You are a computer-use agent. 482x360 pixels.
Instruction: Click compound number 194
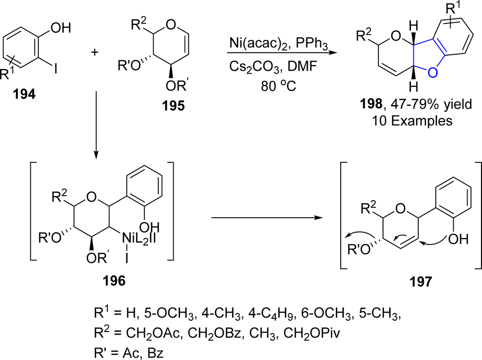coord(24,94)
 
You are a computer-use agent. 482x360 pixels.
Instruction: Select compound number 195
coord(174,106)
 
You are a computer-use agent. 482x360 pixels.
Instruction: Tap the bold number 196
coord(114,281)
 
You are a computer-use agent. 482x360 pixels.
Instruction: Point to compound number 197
coord(420,281)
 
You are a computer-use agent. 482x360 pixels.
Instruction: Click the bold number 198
coord(371,104)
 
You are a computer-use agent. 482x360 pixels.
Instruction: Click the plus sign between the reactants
coord(95,52)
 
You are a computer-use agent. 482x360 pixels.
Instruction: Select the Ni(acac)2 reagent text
coord(259,43)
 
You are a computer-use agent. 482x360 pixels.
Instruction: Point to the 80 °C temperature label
coord(279,86)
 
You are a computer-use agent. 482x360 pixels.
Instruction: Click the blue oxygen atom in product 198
coord(432,73)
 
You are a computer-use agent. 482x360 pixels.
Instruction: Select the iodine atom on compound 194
coord(55,69)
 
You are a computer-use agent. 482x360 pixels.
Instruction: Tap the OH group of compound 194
coord(61,28)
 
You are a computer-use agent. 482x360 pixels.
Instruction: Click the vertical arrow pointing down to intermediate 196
coord(96,125)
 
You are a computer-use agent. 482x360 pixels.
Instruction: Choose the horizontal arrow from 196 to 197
coord(267,218)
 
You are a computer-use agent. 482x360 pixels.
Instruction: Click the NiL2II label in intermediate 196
coord(139,239)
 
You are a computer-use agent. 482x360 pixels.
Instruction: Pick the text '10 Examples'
coord(412,120)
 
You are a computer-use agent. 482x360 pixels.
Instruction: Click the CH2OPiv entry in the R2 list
coord(312,333)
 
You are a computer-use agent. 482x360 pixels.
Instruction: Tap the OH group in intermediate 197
coord(458,239)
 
